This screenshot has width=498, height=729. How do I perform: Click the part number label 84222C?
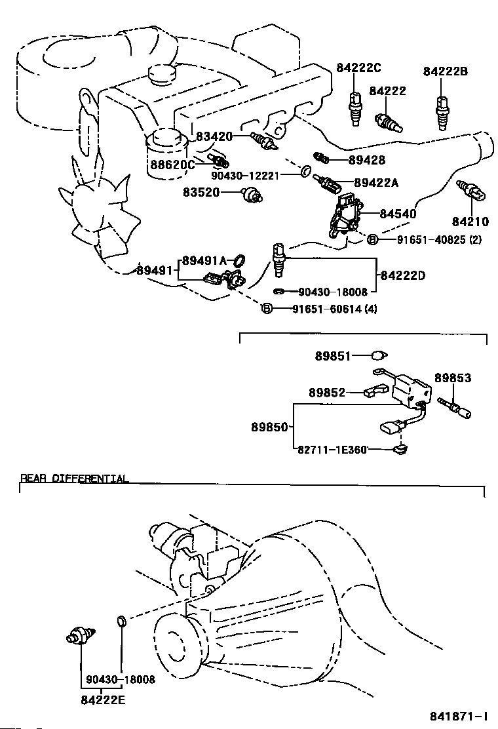359,68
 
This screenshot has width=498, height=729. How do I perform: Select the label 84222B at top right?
445,71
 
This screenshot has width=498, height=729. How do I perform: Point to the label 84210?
470,222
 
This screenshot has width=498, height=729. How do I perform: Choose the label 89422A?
376,184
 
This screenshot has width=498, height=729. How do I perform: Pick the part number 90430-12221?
246,175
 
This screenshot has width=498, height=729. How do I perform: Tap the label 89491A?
204,260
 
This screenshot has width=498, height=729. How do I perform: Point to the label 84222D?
402,275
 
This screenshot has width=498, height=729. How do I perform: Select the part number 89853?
453,378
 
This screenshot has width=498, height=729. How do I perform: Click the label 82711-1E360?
332,449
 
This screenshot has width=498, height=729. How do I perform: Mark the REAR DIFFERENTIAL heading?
74,479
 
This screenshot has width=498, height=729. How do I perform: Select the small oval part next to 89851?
377,356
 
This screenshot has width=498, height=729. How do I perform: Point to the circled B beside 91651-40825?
372,240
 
